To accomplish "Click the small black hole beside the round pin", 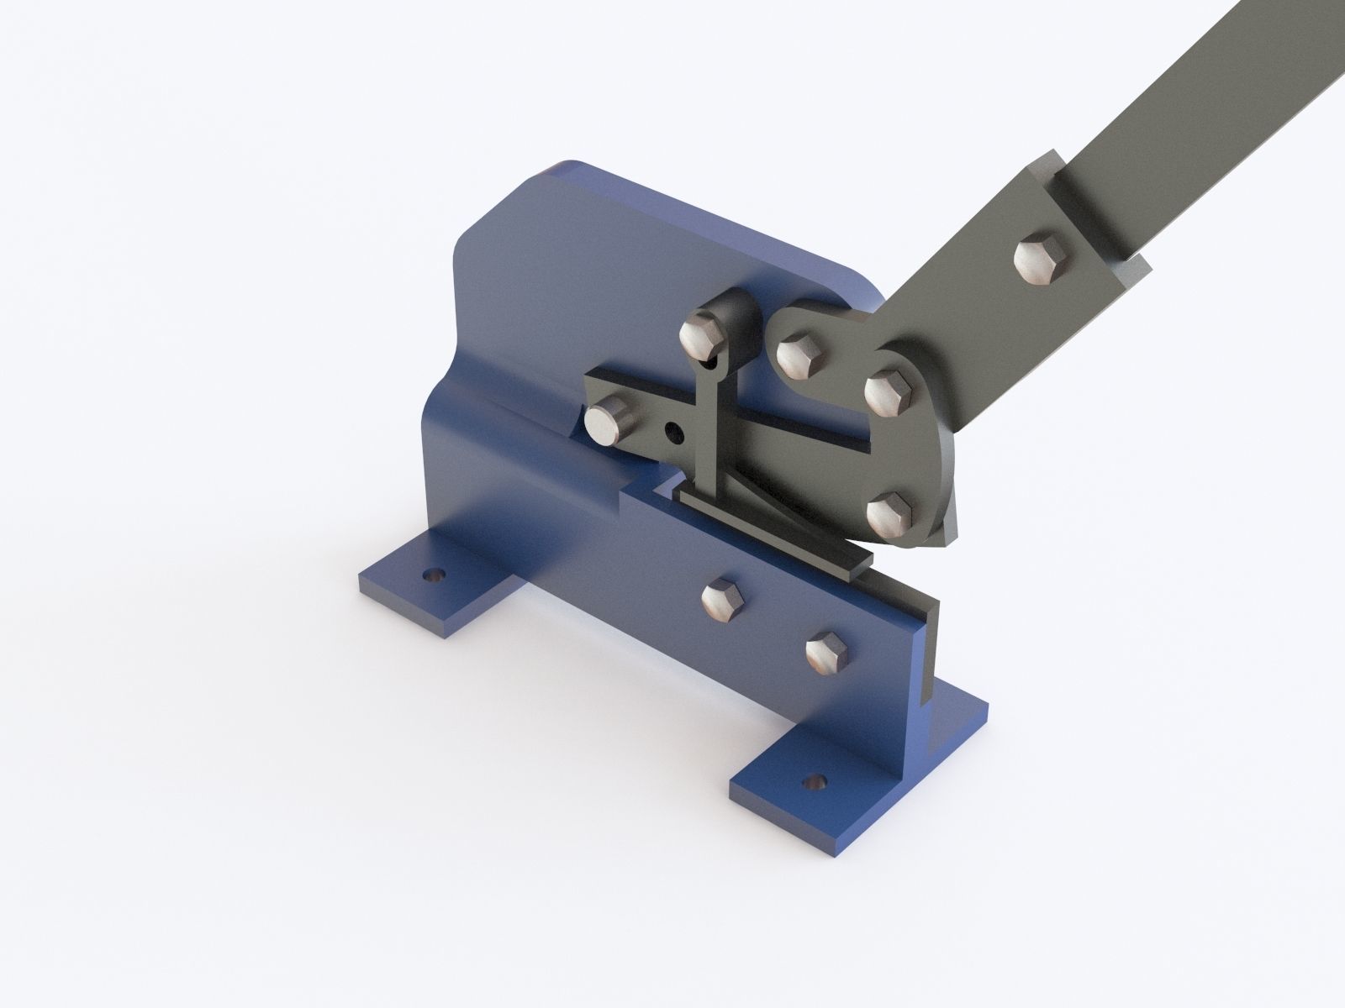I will (672, 432).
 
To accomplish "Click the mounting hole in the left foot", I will (433, 575).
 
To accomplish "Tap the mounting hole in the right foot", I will (812, 782).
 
